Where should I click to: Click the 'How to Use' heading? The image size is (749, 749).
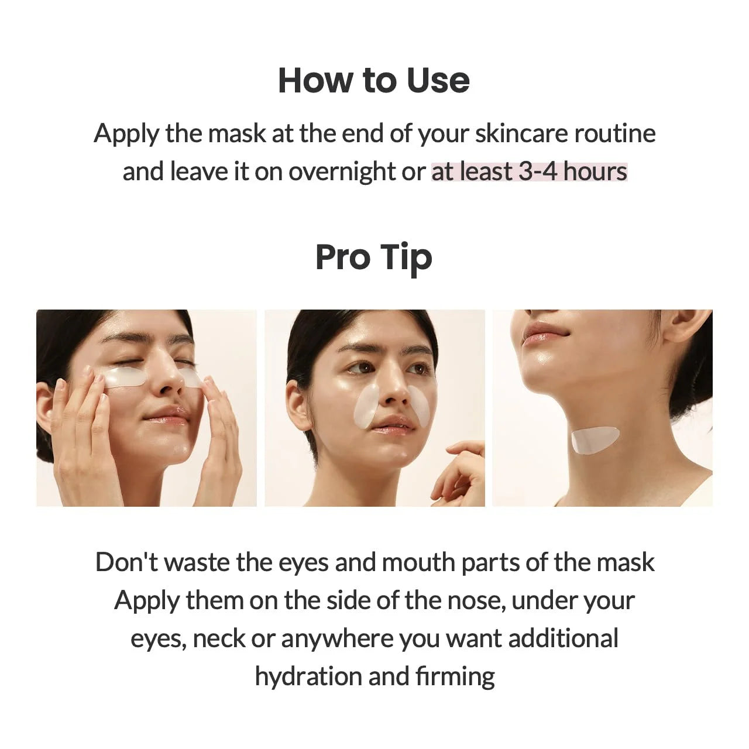[373, 80]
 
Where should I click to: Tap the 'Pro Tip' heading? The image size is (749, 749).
[373, 257]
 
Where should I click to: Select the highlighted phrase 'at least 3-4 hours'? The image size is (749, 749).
[529, 171]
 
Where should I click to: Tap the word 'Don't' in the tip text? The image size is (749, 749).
[126, 562]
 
